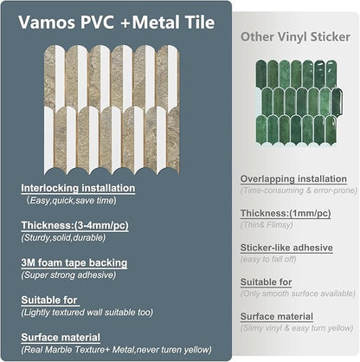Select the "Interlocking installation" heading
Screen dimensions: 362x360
pyautogui.click(x=78, y=187)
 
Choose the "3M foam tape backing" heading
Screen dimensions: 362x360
pyautogui.click(x=74, y=262)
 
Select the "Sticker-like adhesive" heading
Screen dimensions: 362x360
pyautogui.click(x=286, y=247)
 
